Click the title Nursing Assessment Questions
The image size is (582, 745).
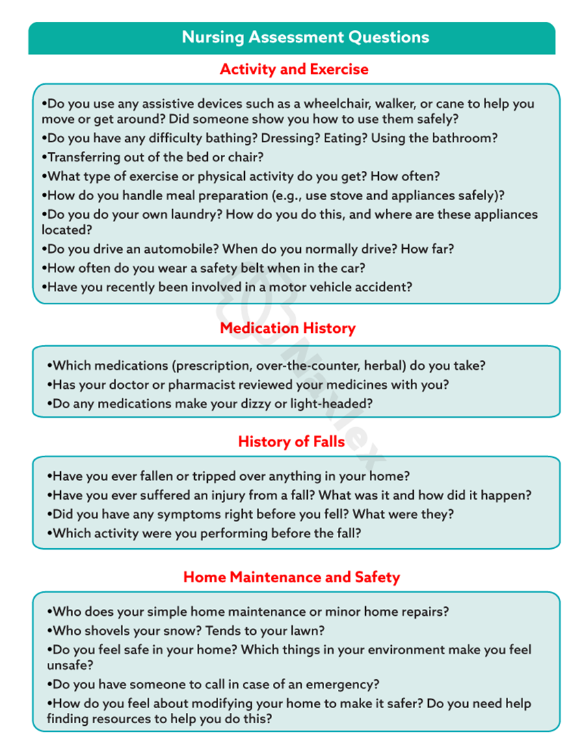(305, 37)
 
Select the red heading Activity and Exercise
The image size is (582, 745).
(294, 69)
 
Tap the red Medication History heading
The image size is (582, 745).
(287, 328)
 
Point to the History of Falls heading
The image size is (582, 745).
(291, 442)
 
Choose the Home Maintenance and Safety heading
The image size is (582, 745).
(291, 577)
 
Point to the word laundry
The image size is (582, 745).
(196, 214)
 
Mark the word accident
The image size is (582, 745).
(384, 287)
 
